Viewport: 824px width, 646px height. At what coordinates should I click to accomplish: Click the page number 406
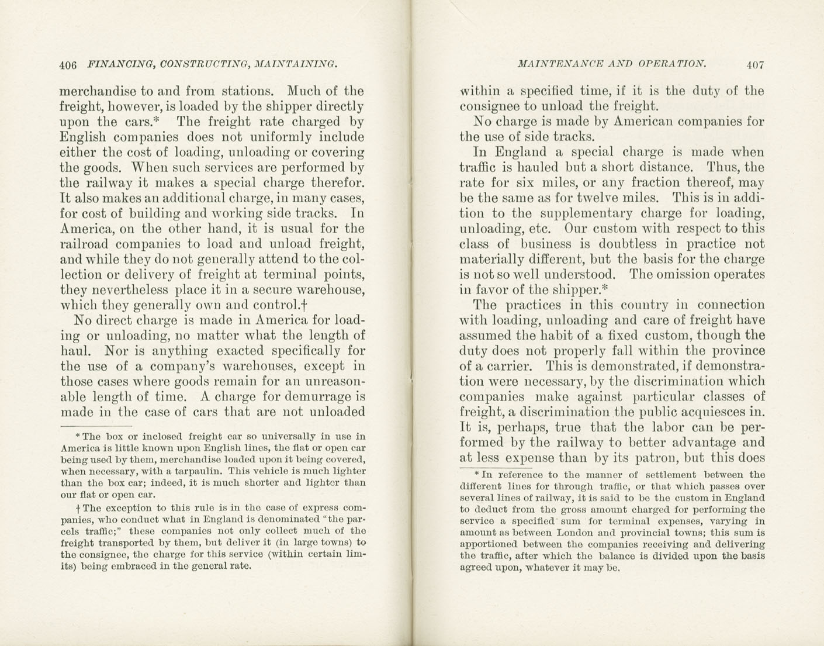[x=68, y=65]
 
